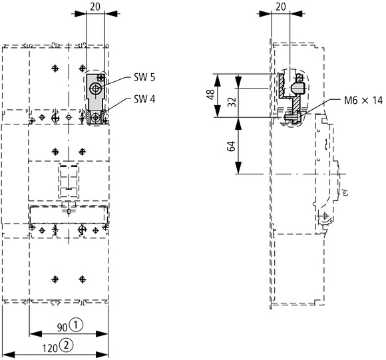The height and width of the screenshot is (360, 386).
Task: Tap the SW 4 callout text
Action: [144, 100]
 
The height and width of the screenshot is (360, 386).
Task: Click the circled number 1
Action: [77, 325]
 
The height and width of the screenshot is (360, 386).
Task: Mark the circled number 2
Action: [67, 345]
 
